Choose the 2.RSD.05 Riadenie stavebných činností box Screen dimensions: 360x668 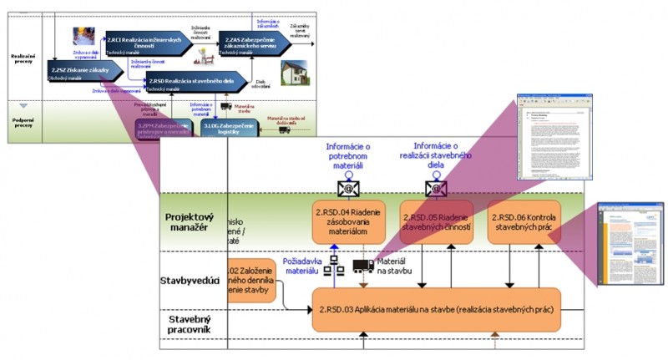436,222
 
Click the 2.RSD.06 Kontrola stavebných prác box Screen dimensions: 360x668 524,222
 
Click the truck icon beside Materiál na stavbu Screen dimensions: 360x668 363,266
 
